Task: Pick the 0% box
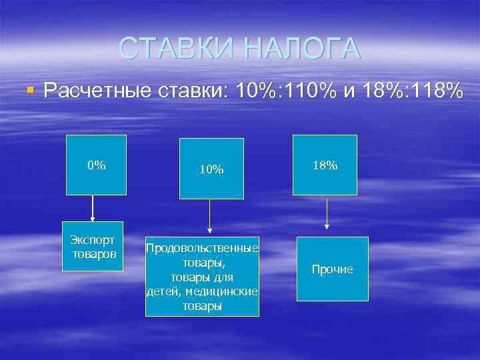click(97, 165)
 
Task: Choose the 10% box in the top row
click(211, 169)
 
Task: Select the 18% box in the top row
click(326, 165)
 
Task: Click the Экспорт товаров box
click(93, 246)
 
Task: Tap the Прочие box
click(332, 269)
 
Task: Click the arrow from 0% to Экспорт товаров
click(93, 208)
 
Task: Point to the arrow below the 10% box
click(210, 217)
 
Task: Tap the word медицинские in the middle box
click(225, 291)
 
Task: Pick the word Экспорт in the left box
click(93, 239)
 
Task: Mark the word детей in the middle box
click(164, 291)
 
